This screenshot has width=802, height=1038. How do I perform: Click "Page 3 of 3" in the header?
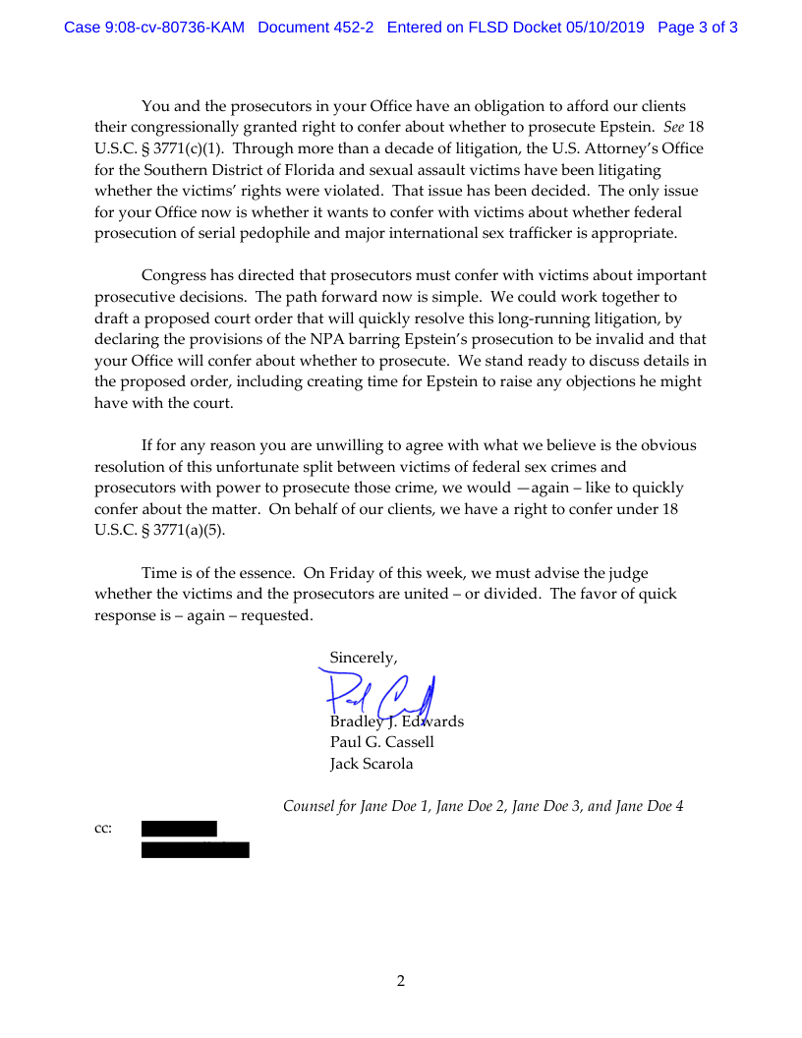click(x=698, y=28)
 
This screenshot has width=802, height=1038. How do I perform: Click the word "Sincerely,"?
click(x=364, y=657)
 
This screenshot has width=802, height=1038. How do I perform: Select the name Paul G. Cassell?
click(x=381, y=742)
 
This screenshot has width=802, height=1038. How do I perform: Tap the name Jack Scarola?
click(x=372, y=764)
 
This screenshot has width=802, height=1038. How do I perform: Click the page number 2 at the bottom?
click(x=401, y=980)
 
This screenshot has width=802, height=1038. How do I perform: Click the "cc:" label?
click(x=103, y=829)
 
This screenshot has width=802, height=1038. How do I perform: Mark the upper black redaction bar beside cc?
click(x=179, y=829)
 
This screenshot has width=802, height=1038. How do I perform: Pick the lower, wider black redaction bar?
click(x=195, y=850)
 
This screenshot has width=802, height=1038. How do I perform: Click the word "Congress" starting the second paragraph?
click(x=175, y=275)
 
